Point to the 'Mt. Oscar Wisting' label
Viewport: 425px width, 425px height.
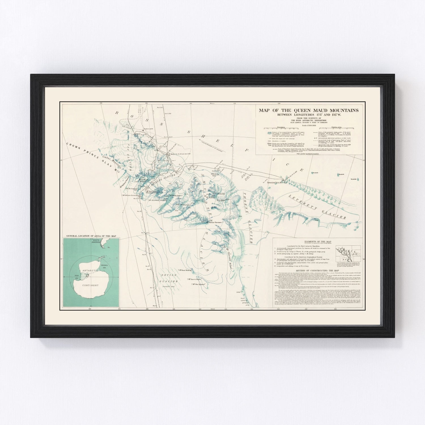(x=186, y=270)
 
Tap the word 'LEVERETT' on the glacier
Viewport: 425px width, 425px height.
(x=305, y=202)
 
